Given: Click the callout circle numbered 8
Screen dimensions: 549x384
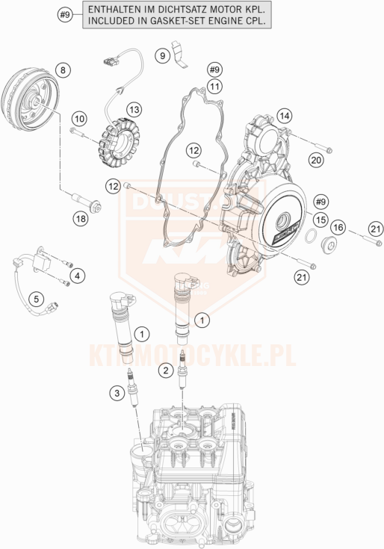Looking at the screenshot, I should [63, 70].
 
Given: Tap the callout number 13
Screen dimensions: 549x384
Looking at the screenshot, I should [134, 110].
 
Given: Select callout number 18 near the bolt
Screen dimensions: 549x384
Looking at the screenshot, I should [80, 218].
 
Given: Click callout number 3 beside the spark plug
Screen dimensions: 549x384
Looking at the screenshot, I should [36, 300].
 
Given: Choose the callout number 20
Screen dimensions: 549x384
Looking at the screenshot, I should [316, 158].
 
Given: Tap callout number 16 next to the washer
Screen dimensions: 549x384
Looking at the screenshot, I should [338, 227].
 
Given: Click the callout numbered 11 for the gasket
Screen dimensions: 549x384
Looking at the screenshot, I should [215, 87].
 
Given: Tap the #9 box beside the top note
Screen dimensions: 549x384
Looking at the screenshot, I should [66, 15].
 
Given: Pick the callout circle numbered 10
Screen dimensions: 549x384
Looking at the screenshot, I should [80, 119].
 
